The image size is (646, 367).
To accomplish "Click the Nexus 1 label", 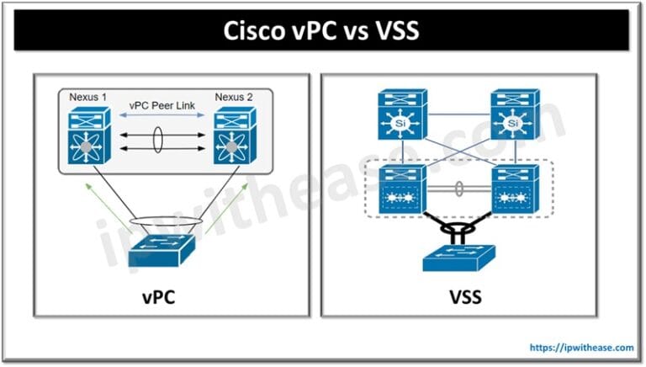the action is (x=87, y=98).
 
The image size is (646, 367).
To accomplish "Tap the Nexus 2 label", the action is (x=234, y=98).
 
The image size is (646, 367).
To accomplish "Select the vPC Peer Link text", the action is (x=161, y=105).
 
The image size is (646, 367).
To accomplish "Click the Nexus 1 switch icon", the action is (x=89, y=136).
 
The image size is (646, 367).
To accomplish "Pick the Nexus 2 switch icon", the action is (x=235, y=136).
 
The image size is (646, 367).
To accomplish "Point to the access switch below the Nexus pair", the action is (x=161, y=250).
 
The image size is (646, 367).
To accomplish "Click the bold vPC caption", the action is (x=159, y=297).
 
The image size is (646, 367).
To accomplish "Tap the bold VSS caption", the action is (x=465, y=297).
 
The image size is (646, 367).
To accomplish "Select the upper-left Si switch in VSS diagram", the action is (x=403, y=114).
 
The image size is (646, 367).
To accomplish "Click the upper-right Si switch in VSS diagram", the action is (x=515, y=114).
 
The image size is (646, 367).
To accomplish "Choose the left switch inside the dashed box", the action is (x=403, y=189).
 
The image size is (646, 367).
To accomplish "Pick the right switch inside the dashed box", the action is (x=516, y=189).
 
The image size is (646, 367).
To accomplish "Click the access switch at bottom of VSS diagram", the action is (x=459, y=258).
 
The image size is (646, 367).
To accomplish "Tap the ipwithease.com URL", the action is (x=582, y=347).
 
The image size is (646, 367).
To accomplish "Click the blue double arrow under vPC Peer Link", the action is (x=161, y=115).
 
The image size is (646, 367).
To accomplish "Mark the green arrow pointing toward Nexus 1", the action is (x=109, y=209).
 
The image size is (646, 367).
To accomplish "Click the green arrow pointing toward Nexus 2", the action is (x=226, y=209).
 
